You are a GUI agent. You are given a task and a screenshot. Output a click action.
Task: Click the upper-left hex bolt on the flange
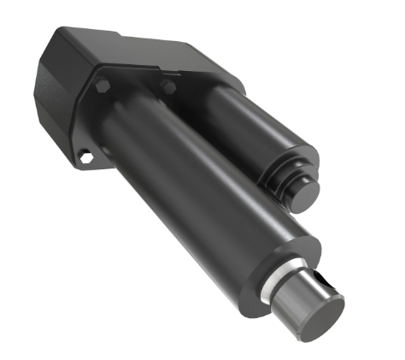[x=103, y=87]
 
